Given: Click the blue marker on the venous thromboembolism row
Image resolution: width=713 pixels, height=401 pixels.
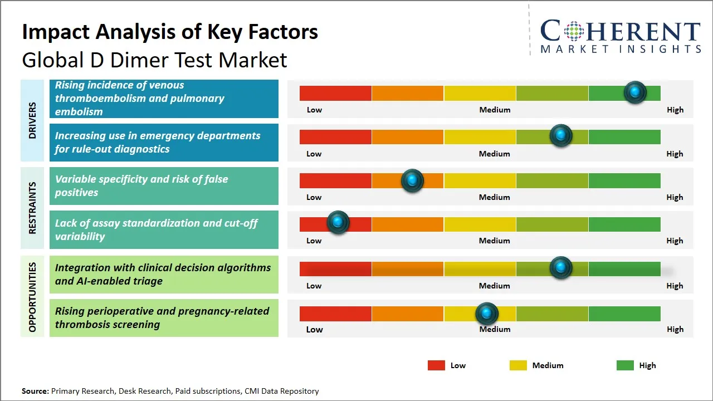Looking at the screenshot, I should [x=635, y=92].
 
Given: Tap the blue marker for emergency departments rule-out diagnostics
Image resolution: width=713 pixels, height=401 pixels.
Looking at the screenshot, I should [x=561, y=135].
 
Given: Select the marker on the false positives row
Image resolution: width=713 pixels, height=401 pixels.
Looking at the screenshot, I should [x=412, y=180].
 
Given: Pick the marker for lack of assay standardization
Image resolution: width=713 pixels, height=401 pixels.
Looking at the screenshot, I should [x=338, y=222].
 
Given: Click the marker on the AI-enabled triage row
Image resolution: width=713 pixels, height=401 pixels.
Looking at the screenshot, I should [x=561, y=268].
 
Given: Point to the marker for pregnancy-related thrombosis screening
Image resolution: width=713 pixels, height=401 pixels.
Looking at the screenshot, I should [x=487, y=314].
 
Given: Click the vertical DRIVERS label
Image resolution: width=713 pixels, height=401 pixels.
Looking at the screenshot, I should [x=32, y=120].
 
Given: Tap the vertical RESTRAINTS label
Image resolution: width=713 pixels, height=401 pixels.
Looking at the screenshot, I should [x=32, y=208].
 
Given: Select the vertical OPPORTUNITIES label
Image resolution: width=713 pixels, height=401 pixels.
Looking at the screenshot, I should [x=32, y=297].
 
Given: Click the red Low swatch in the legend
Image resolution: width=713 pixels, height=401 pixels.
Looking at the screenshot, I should [x=436, y=365].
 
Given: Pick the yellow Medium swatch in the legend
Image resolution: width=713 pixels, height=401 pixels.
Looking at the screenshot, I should [x=518, y=365].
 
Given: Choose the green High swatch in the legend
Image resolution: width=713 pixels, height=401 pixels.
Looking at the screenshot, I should [x=625, y=365].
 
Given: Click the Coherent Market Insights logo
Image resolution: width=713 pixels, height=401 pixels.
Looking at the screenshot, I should [x=621, y=36].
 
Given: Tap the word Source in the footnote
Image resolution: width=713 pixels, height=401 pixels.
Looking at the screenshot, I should [x=35, y=391].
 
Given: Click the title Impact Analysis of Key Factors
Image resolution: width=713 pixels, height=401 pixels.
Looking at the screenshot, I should [x=170, y=32].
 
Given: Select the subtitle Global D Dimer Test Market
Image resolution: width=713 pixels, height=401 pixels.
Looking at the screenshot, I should [x=154, y=60].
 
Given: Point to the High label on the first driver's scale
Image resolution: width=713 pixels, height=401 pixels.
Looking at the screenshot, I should [x=675, y=110].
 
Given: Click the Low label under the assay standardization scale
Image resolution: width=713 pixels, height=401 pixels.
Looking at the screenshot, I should [x=314, y=241].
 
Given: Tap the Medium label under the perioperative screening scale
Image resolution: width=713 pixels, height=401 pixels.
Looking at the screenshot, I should [x=495, y=329].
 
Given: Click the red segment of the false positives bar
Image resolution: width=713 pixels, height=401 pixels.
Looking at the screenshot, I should [x=335, y=180].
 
